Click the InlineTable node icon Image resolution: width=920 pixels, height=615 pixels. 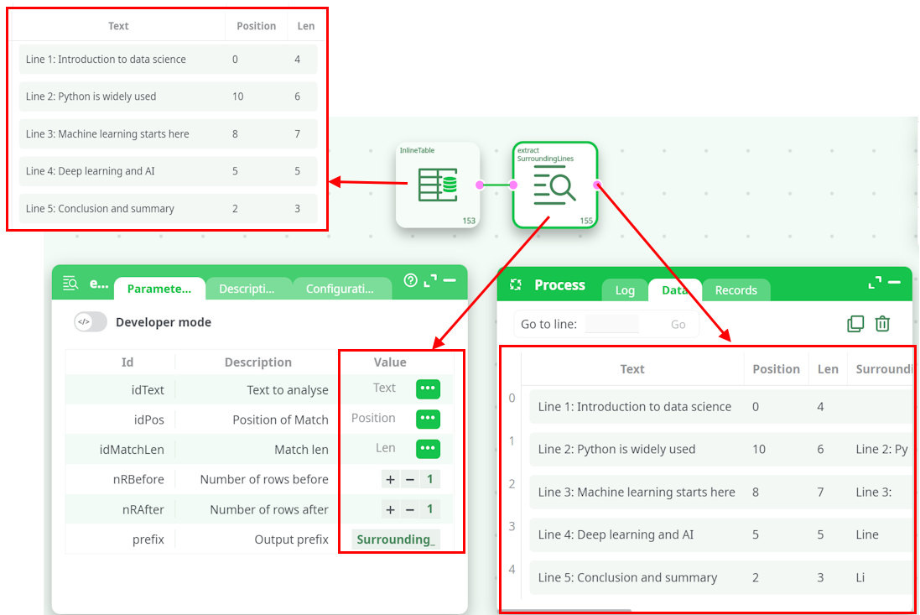pos(438,185)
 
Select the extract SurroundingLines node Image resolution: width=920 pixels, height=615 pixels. pos(555,185)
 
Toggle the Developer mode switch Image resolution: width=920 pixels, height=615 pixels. pos(91,322)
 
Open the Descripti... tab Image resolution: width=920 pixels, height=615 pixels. pos(247,289)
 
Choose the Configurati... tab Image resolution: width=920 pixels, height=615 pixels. pos(340,289)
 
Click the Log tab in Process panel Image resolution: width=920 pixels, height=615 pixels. pos(625,290)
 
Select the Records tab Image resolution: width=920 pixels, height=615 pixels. pos(735,290)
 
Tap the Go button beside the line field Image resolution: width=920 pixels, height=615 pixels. pos(678,325)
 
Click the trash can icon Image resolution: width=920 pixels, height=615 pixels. pos(882,323)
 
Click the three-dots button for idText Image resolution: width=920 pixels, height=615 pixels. pos(428,388)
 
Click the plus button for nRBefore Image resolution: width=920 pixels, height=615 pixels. pos(390,479)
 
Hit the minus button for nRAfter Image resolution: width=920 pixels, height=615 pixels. pos(410,509)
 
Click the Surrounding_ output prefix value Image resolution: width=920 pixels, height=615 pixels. pos(395,539)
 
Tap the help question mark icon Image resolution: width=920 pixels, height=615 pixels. pos(411,280)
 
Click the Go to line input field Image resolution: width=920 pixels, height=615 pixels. pos(612,324)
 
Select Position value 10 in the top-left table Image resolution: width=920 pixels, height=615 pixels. pos(237,96)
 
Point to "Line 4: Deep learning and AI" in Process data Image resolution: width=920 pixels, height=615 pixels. pos(616,534)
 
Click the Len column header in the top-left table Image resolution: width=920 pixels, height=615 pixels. pos(306,26)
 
